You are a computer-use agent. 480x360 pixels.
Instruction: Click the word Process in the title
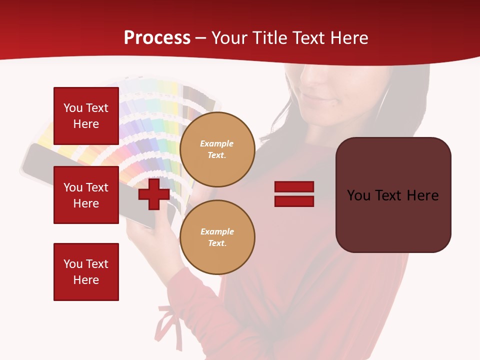click(x=157, y=38)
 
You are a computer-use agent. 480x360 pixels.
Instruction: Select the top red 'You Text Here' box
click(x=86, y=116)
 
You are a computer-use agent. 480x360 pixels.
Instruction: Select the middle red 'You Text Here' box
click(x=86, y=195)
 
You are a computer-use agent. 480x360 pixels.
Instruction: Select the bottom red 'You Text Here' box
click(x=86, y=272)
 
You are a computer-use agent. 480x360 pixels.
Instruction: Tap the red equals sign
click(x=294, y=194)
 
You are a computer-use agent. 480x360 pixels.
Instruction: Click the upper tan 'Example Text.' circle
click(x=217, y=149)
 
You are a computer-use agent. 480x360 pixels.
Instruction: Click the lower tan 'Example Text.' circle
click(x=217, y=237)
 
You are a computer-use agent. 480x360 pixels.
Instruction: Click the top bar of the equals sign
click(x=294, y=186)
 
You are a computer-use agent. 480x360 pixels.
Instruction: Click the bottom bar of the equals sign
click(x=294, y=201)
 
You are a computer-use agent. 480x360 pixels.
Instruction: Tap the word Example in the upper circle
click(x=216, y=143)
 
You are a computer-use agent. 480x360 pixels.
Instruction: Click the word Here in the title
click(x=347, y=38)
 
